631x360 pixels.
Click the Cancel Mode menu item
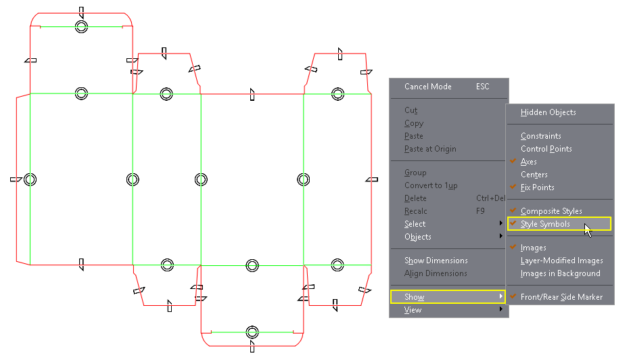[427, 87]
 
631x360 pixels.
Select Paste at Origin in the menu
[430, 149]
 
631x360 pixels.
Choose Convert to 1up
[431, 185]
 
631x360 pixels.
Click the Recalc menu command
[415, 211]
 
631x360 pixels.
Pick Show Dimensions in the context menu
[436, 261]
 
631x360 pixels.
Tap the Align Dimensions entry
[436, 273]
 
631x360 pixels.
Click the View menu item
[413, 310]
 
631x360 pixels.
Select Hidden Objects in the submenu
[548, 112]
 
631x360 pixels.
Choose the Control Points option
[546, 149]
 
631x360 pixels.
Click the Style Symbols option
[545, 224]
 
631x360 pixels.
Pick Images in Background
[560, 273]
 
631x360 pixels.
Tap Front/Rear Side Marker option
[561, 297]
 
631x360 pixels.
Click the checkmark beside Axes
[513, 162]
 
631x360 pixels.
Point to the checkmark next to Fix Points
[513, 187]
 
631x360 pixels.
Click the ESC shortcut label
[482, 87]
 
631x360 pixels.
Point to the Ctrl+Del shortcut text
[490, 198]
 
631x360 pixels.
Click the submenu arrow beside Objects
[501, 237]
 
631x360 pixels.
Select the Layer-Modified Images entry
[561, 261]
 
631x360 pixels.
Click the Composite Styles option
[551, 211]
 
